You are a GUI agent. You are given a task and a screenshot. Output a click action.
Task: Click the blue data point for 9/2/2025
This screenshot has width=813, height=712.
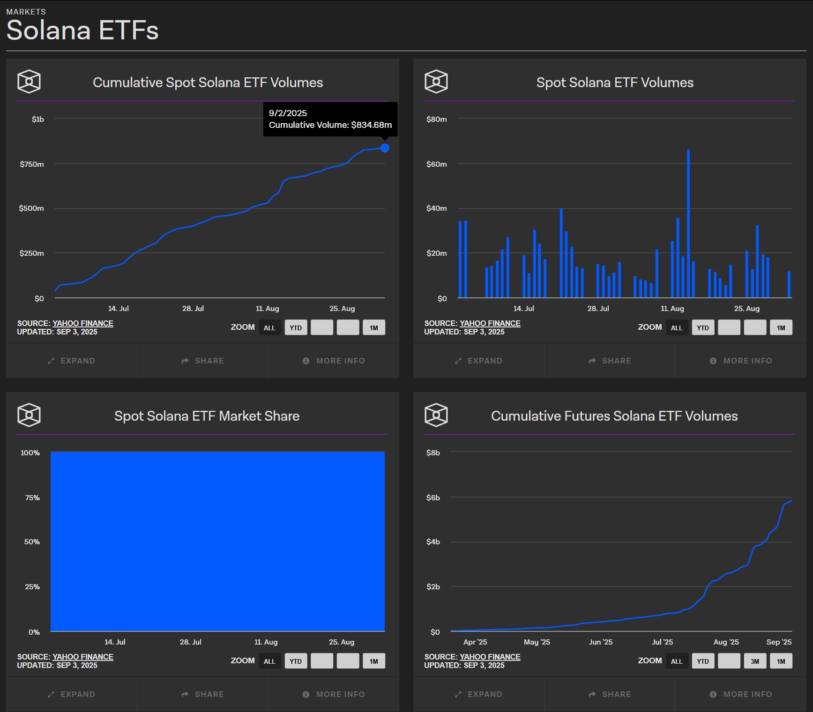pos(385,148)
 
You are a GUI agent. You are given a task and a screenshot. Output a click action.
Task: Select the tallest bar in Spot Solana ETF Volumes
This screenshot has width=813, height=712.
pos(688,223)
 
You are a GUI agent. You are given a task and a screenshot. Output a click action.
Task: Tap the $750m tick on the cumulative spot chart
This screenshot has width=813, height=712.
pos(32,164)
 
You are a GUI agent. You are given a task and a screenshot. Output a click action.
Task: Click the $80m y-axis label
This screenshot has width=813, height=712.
pos(436,119)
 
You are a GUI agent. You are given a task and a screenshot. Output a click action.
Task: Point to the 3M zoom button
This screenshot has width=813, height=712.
pos(755,661)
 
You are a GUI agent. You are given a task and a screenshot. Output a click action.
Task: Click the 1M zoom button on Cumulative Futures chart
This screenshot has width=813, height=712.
pos(781,661)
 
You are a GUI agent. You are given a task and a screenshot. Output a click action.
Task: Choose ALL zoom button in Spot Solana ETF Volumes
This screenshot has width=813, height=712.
pos(677,327)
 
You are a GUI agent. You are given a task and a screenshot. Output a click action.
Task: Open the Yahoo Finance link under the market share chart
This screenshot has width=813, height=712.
pos(83,657)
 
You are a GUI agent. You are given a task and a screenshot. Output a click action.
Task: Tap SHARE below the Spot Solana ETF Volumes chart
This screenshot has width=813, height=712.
pos(610,361)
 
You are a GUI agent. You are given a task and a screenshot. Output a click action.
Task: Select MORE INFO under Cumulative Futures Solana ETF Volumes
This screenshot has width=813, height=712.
pos(741,694)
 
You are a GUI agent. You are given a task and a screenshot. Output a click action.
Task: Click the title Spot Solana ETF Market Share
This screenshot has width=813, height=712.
pos(207,416)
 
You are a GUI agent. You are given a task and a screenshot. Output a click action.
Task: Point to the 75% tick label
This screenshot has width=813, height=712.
pos(32,497)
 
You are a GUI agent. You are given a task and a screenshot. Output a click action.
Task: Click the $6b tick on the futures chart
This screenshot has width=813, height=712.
pos(433,497)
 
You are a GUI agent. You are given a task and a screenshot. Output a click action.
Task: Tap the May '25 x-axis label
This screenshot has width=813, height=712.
pos(537,642)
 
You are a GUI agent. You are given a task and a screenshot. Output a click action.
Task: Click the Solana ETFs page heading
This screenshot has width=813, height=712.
pos(82,30)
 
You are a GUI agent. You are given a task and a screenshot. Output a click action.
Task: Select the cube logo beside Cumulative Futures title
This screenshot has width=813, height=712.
pos(436,415)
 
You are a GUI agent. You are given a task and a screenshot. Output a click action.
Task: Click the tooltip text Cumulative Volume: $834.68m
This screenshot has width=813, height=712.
pos(330,125)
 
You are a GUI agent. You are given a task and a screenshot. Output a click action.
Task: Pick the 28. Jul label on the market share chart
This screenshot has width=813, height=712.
pos(191,642)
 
